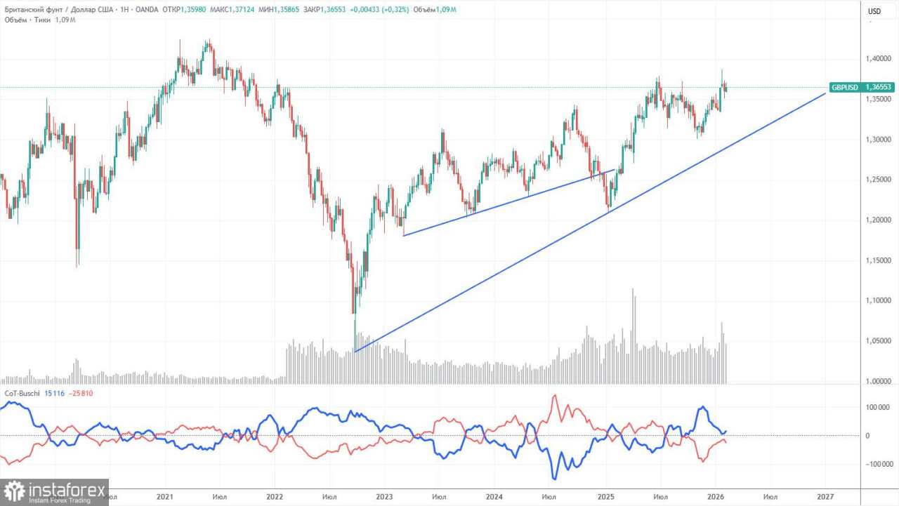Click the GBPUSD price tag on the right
852,87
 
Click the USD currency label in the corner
874,11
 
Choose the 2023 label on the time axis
384,497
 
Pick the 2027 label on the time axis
825,497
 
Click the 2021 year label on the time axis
164,497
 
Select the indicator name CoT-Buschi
23,393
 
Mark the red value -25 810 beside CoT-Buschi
81,393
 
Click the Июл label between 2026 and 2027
770,497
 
